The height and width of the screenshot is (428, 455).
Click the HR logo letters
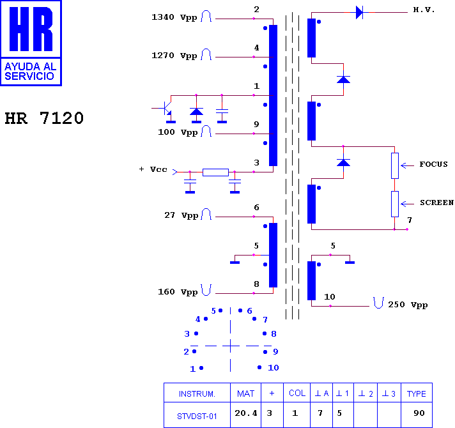(x=31, y=29)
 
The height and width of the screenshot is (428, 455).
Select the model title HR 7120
(x=44, y=118)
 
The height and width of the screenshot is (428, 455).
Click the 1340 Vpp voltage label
(x=174, y=17)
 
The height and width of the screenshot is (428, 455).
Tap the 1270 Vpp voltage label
(x=174, y=56)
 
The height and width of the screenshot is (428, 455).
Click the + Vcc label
(x=153, y=169)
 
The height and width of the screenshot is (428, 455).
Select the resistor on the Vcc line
(x=215, y=172)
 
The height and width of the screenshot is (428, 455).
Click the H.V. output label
(x=424, y=10)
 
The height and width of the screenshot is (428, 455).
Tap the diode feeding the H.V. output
(x=360, y=13)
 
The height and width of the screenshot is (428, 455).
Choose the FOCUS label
(x=433, y=164)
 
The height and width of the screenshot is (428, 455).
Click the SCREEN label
(x=436, y=203)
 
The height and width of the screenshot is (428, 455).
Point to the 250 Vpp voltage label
(x=408, y=305)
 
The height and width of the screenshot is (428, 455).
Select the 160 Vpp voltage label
(x=178, y=292)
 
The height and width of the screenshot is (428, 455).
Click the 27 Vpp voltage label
(x=181, y=215)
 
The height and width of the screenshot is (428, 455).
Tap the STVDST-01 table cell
(x=197, y=417)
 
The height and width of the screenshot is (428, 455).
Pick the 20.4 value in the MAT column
(x=246, y=413)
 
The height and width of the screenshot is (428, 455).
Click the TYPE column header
(x=417, y=394)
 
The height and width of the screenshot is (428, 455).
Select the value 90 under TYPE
(x=419, y=413)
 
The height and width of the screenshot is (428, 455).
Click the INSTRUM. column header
(x=197, y=394)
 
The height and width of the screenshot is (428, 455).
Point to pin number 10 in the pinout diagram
(x=273, y=368)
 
